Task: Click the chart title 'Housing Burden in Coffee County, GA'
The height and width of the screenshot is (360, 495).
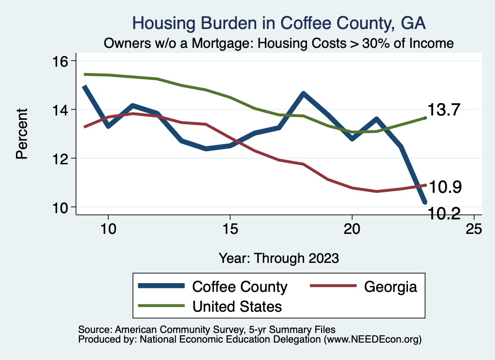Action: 279,23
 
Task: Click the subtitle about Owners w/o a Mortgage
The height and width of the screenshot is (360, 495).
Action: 279,43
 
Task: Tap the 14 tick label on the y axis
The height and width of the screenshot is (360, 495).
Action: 62,110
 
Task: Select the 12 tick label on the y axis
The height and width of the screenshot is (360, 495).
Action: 62,158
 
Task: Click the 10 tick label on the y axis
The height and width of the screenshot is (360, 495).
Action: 62,207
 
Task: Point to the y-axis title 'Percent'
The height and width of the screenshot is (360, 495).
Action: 21,134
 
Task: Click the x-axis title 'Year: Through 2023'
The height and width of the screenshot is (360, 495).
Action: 278,258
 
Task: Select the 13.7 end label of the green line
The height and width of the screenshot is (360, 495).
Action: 445,110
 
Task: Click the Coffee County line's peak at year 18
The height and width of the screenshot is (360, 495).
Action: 303,93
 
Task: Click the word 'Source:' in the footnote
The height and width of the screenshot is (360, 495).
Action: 94,329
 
